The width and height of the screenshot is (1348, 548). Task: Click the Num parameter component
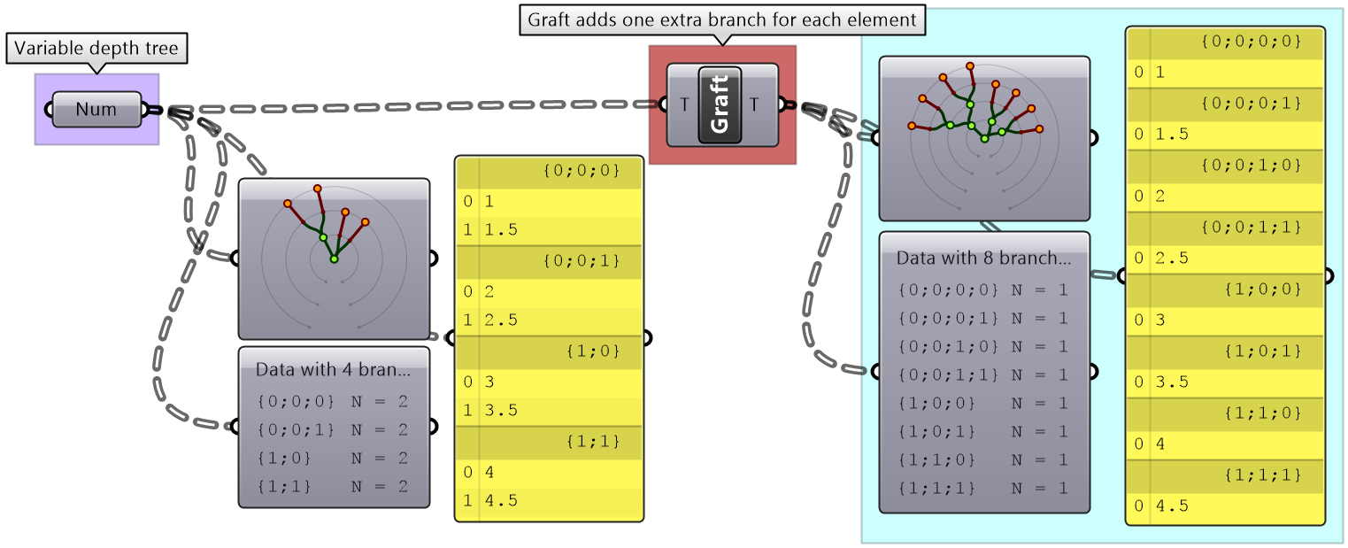96,110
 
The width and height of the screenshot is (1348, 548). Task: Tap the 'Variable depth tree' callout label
97,50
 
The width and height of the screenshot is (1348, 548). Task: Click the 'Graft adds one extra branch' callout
721,19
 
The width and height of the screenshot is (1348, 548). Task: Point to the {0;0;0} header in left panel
580,172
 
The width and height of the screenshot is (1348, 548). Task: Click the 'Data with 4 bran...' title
333,369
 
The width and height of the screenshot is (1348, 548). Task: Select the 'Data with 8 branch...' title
983,259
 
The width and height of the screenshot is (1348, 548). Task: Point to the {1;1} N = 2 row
333,486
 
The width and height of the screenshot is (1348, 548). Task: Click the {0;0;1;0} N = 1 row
983,346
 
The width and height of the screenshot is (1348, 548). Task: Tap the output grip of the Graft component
782,104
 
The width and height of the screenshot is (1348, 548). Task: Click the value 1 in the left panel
489,201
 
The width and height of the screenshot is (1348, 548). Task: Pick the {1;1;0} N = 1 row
983,459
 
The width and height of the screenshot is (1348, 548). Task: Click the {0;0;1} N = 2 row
333,429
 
